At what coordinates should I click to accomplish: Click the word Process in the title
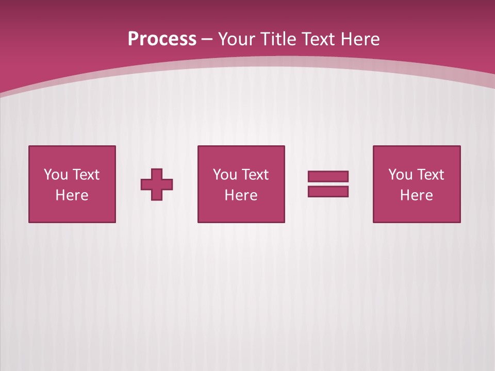162,39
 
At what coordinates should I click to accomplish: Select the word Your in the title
238,39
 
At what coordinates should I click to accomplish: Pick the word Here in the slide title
361,39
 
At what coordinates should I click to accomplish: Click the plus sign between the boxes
157,184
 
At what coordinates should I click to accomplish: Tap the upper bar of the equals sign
328,176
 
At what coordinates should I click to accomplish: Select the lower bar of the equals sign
328,191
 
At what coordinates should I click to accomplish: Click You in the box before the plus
56,175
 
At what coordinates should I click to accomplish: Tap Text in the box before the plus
86,175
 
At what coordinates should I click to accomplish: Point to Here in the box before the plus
72,195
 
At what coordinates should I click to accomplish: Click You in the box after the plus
225,175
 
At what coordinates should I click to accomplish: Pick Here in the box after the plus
241,195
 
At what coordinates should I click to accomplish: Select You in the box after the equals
401,175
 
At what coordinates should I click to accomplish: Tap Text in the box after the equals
430,175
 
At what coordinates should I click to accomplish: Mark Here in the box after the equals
417,195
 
